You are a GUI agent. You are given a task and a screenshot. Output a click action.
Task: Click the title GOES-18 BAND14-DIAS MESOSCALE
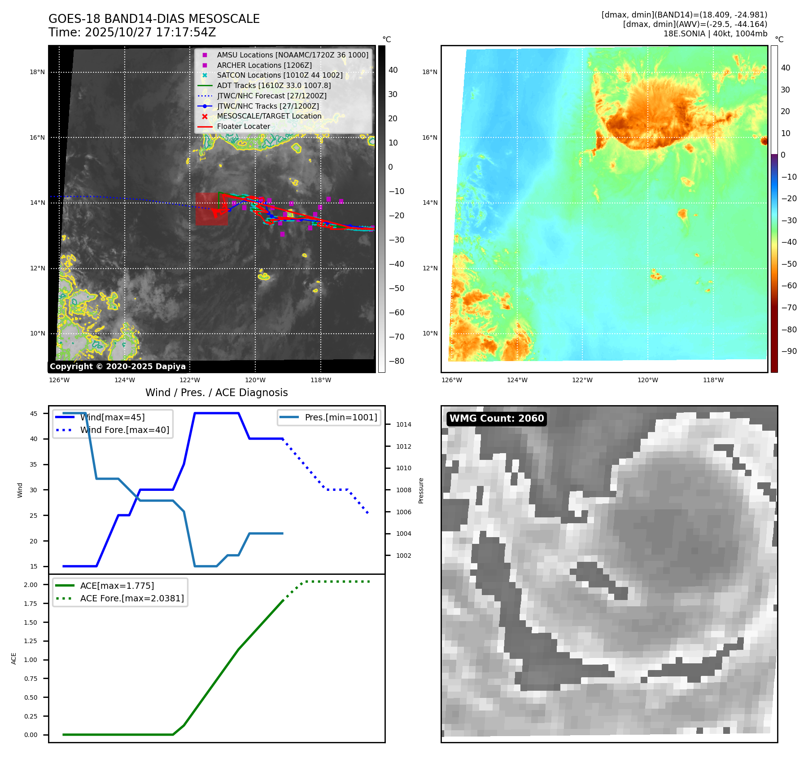pyautogui.click(x=154, y=19)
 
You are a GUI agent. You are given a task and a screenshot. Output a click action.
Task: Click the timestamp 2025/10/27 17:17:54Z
pyautogui.click(x=150, y=32)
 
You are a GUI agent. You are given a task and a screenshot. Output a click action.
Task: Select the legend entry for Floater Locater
pyautogui.click(x=243, y=127)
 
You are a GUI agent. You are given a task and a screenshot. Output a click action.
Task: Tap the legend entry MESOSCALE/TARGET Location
pyautogui.click(x=269, y=116)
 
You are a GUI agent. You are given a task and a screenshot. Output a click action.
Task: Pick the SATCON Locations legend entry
pyautogui.click(x=279, y=75)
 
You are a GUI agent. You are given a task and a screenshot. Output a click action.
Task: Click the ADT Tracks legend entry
pyautogui.click(x=273, y=86)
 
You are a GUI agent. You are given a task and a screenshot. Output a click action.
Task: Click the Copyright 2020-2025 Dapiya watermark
pyautogui.click(x=118, y=366)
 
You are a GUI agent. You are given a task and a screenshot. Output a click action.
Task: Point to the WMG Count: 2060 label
pyautogui.click(x=496, y=419)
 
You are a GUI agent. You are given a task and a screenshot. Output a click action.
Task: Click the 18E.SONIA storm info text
pyautogui.click(x=715, y=34)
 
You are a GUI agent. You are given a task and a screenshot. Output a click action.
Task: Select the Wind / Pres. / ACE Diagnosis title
pyautogui.click(x=216, y=393)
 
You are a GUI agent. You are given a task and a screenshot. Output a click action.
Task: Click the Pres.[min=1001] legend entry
pyautogui.click(x=341, y=418)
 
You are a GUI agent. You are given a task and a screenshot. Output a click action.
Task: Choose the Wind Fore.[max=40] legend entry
pyautogui.click(x=124, y=430)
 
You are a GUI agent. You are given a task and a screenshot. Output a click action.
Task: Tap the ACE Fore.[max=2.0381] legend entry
pyautogui.click(x=131, y=599)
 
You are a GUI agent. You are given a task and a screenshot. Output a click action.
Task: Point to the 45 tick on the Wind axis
pyautogui.click(x=34, y=414)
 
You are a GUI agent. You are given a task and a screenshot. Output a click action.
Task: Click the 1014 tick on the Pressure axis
pyautogui.click(x=403, y=424)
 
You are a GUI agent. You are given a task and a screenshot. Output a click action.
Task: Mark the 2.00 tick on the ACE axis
pyautogui.click(x=31, y=585)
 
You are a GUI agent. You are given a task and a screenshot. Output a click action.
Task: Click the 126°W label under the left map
pyautogui.click(x=59, y=380)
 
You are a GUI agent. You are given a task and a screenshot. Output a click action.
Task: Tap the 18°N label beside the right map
pyautogui.click(x=430, y=72)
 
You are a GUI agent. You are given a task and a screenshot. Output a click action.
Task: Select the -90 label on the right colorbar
pyautogui.click(x=789, y=351)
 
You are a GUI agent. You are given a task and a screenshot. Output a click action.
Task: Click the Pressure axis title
pyautogui.click(x=421, y=490)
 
